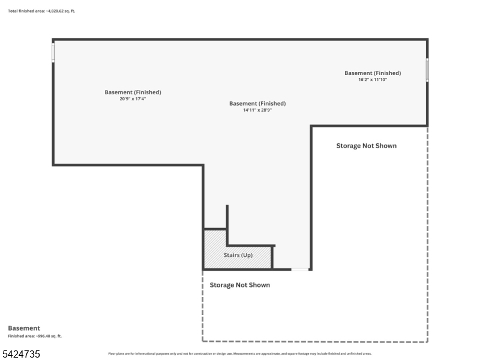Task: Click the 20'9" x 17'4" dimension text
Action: click(133, 99)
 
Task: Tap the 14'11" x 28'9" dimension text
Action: click(257, 110)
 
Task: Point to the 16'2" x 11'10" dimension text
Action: click(373, 80)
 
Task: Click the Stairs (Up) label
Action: click(238, 255)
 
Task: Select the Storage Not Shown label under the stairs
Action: click(239, 285)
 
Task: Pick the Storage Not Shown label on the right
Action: click(367, 146)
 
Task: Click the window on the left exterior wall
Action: click(53, 52)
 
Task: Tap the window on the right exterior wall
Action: click(427, 70)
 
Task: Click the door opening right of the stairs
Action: click(301, 269)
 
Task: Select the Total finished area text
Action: click(41, 11)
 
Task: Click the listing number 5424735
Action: click(21, 354)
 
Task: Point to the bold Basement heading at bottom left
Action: click(24, 328)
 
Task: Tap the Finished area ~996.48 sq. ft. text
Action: click(35, 336)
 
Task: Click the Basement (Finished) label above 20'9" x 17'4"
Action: click(133, 92)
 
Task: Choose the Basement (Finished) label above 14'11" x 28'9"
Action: click(257, 103)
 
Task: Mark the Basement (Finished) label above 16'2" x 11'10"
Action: click(373, 73)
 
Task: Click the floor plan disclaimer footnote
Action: click(239, 353)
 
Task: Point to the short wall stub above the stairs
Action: click(227, 217)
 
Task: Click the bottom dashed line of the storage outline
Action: click(315, 341)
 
